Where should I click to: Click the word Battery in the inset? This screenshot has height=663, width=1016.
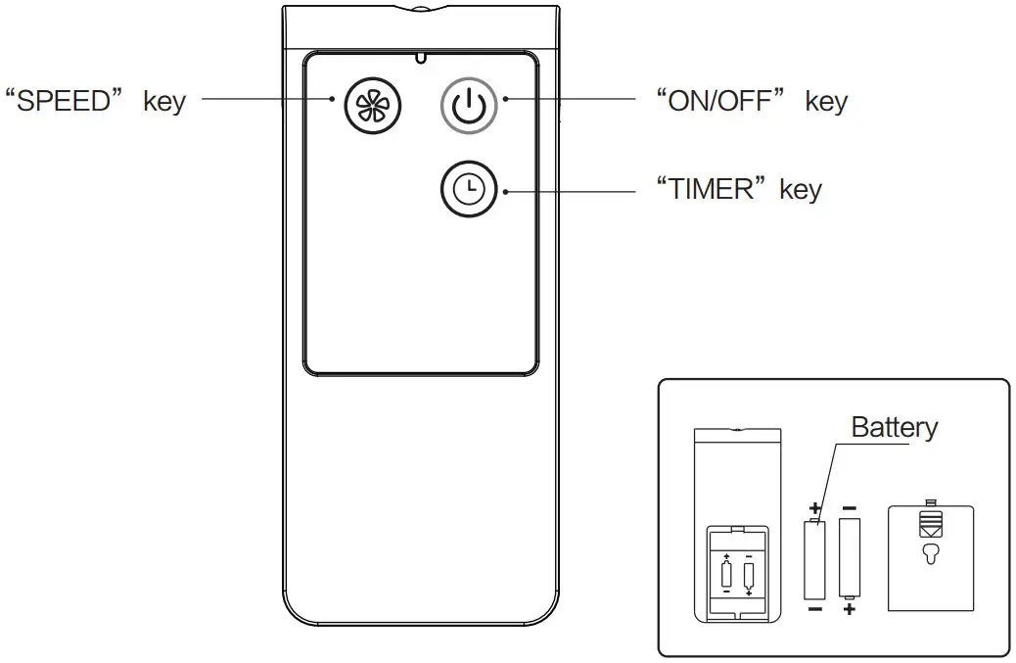(x=894, y=427)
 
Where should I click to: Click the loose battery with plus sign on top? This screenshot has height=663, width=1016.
(x=814, y=559)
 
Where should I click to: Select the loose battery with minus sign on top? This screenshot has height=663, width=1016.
(x=849, y=559)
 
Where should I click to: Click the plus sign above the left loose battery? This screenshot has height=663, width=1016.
(x=814, y=509)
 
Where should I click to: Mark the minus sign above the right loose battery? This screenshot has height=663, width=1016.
(x=849, y=508)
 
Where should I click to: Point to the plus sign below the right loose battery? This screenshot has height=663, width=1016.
(x=849, y=609)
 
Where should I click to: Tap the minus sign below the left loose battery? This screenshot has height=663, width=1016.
(x=814, y=609)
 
